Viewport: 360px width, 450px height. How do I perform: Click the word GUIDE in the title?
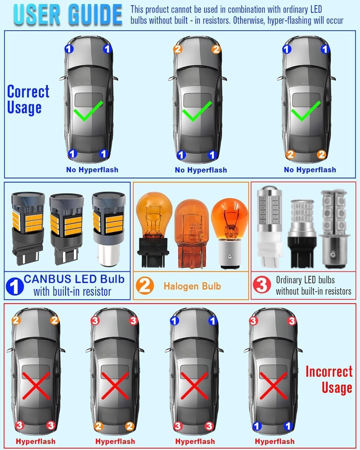point(95,15)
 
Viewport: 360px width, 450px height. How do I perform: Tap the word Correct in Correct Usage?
point(28,91)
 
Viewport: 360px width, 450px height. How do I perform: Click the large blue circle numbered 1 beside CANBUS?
point(15,286)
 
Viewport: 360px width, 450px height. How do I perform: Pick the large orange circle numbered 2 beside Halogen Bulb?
point(145,286)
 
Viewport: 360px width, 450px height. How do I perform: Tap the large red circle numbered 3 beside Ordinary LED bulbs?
point(262,285)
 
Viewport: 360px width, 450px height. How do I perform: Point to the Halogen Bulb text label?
point(192,286)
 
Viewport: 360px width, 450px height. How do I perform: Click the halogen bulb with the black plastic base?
point(154,230)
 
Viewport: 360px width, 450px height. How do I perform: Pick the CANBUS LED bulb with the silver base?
point(109,229)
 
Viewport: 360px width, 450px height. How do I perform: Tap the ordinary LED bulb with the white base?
point(269,227)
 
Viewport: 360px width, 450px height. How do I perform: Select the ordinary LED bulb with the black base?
point(301,234)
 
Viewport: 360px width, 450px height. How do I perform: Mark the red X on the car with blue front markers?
point(194,386)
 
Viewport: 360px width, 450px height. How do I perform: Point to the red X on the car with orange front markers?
point(36,386)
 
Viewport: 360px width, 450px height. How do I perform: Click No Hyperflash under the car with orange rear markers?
point(310,170)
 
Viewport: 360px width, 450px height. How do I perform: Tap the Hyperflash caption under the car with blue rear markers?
point(275,441)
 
